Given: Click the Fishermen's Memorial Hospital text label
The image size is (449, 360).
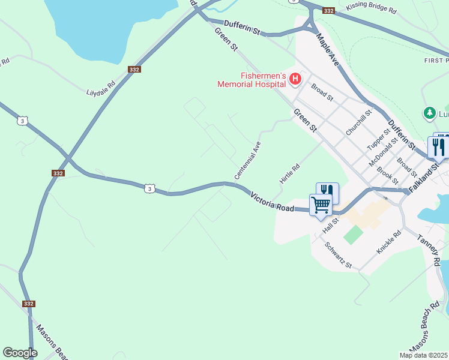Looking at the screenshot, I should [x=254, y=80].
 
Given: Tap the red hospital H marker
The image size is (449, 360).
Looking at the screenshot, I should [x=295, y=79].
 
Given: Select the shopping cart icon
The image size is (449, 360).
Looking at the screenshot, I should [x=321, y=205].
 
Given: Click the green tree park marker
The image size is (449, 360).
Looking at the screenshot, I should [x=429, y=113].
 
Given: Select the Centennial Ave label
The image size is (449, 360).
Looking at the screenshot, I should [x=247, y=160].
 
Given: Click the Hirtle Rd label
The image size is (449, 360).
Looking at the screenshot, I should [x=289, y=175].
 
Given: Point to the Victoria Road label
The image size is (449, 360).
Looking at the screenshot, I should [x=273, y=201].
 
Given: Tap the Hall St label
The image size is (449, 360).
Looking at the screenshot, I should [x=331, y=226].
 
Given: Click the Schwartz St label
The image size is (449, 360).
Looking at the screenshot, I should [x=337, y=255].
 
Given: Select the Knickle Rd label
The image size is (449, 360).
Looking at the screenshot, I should [x=388, y=242].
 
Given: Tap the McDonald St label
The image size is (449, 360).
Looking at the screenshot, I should [x=384, y=152].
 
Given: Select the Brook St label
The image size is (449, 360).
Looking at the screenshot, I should [x=387, y=175].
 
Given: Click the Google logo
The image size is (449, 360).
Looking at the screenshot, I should [x=20, y=353].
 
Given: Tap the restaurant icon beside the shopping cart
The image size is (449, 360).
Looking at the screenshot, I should [x=327, y=192].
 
